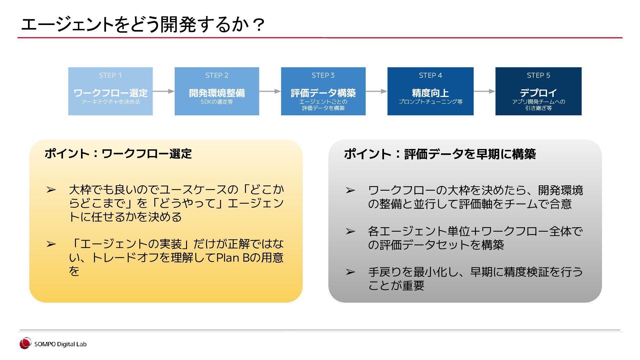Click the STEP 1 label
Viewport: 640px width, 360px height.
tap(110, 75)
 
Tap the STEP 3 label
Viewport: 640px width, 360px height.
tap(323, 75)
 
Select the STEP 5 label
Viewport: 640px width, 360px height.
tap(538, 75)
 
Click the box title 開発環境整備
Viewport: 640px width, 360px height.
tap(217, 93)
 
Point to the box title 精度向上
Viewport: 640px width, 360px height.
tap(430, 93)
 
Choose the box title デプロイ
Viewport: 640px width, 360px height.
tap(538, 93)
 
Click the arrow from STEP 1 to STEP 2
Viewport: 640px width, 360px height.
tap(164, 91)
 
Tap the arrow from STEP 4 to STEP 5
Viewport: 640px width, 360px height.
tap(484, 91)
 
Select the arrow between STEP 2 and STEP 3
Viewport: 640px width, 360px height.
tap(270, 91)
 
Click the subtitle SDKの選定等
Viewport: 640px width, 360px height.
tap(217, 102)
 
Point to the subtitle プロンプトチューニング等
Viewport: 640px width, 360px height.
tap(430, 102)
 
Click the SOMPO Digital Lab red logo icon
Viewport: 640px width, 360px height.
tap(25, 343)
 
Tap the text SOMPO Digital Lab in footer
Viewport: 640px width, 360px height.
tap(60, 344)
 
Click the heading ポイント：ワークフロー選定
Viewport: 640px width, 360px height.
tap(118, 154)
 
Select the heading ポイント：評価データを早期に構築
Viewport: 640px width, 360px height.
tap(440, 154)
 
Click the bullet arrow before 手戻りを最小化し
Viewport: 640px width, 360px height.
tap(350, 272)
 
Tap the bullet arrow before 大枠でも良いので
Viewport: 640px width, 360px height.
tap(51, 190)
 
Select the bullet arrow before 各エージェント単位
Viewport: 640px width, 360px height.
tap(350, 231)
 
